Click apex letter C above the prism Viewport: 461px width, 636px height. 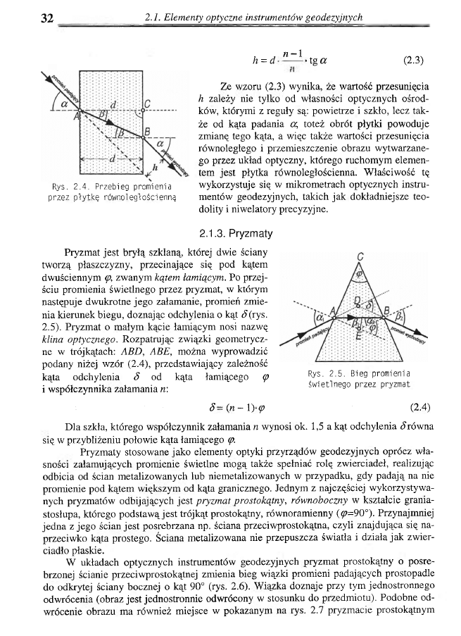(360, 257)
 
